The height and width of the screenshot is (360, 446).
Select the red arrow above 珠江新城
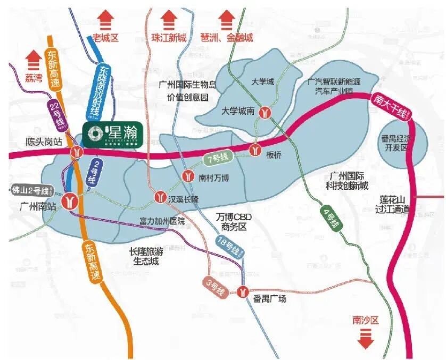(x=169, y=21)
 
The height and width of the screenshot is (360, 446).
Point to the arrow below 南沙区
(x=365, y=338)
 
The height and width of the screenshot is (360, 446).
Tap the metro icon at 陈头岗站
(x=78, y=153)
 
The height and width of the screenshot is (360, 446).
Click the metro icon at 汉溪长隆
(x=160, y=197)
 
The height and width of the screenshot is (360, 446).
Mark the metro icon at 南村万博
(x=187, y=176)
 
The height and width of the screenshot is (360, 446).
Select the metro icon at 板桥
(x=257, y=150)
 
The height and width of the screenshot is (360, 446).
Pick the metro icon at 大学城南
(x=265, y=112)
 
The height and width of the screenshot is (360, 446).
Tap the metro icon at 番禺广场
(x=243, y=291)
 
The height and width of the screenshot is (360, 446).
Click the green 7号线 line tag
(x=217, y=158)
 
